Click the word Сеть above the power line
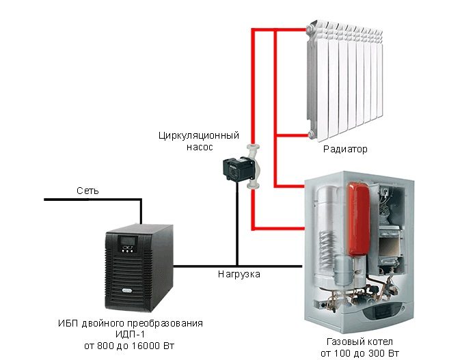87,191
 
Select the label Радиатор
344,149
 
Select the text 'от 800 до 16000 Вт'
130,346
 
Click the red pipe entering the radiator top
280,29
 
